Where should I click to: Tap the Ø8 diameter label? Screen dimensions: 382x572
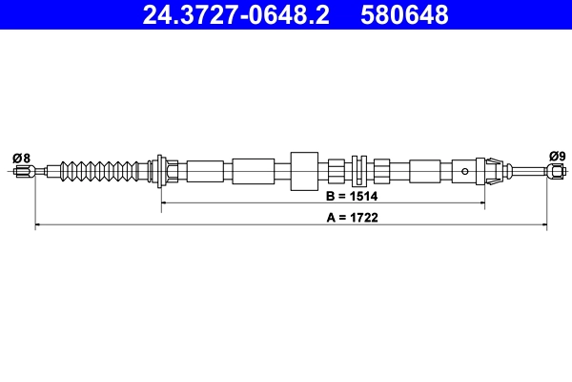pos(21,158)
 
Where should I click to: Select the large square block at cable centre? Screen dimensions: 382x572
pos(303,172)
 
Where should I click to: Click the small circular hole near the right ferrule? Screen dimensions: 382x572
pos(465,172)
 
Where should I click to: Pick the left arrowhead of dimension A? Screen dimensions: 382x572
pos(39,226)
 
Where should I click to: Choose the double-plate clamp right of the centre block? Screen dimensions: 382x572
pos(359,172)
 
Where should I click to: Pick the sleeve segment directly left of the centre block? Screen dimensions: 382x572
pos(253,172)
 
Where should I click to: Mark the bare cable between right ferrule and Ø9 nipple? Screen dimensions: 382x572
pos(526,172)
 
